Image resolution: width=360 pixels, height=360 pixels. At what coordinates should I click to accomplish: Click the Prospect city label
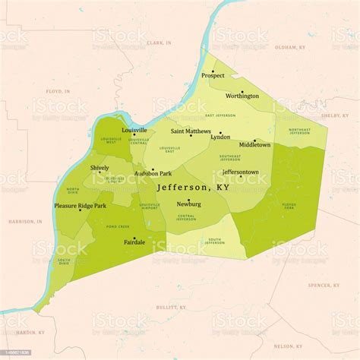213,76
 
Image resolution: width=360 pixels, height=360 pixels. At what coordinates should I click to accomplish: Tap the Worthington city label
242,96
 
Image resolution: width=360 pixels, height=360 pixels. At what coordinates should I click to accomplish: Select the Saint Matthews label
191,131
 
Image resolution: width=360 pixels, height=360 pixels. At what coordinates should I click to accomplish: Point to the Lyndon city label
220,137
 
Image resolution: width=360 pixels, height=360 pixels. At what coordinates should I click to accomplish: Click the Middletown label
254,144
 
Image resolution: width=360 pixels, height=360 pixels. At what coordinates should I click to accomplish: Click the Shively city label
99,168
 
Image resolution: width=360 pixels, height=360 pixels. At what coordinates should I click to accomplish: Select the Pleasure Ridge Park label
80,206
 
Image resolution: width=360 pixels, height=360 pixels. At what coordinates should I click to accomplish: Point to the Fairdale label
134,242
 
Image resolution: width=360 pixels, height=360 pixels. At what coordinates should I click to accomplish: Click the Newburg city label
188,204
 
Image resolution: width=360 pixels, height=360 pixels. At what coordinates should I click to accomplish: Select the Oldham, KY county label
289,47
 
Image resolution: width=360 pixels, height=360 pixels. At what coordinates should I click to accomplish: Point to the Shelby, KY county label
333,115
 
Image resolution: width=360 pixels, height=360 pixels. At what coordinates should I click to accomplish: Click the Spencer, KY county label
324,286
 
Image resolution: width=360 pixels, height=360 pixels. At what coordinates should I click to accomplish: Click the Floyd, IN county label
58,91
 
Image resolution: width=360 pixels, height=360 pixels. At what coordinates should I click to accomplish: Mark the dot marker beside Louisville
135,134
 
